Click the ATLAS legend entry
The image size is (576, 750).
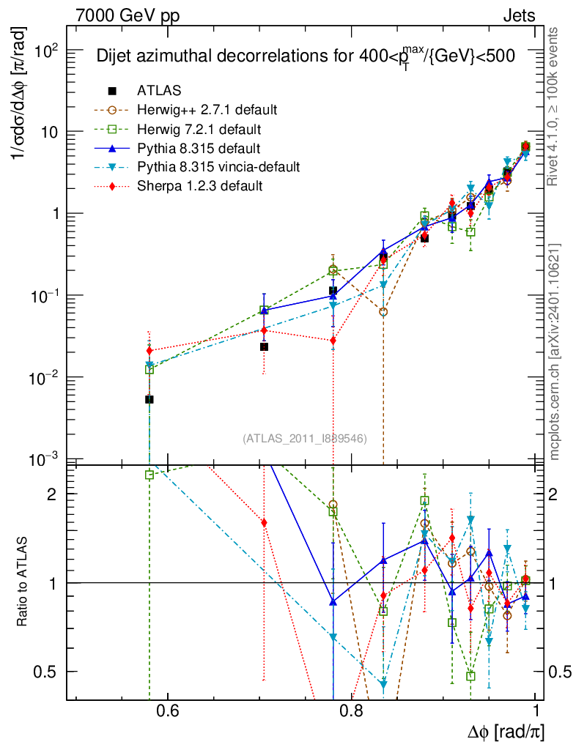pos(159,91)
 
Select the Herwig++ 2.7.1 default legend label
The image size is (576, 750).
pos(207,110)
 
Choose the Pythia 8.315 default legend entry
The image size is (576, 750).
pos(199,148)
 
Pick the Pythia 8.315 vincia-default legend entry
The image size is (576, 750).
pos(218,167)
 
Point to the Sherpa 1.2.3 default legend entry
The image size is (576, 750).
pos(199,186)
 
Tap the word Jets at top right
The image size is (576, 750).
pos(519,15)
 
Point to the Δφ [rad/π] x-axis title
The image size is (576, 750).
pos(505,732)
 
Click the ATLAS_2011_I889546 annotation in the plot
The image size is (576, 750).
pos(305,439)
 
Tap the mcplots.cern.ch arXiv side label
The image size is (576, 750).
pos(555,352)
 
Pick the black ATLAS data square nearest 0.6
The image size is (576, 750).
pos(149,400)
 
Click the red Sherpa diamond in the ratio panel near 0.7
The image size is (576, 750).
pos(264,522)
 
